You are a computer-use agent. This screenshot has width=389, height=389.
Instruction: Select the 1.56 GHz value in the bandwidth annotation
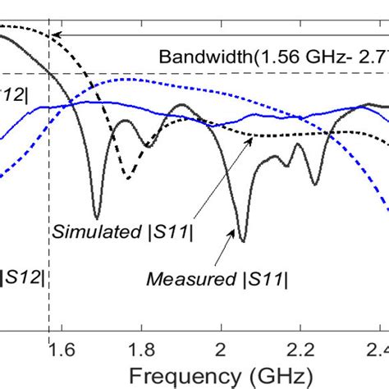point(301,57)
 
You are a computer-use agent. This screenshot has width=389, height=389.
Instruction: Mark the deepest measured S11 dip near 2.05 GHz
point(242,240)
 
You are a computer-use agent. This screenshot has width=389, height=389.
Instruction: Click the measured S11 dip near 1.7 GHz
point(98,217)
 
